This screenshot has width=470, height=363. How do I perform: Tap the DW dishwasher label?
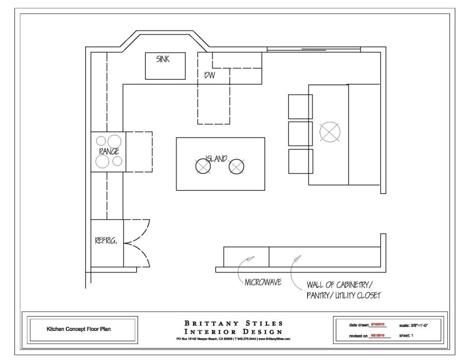pyautogui.click(x=209, y=75)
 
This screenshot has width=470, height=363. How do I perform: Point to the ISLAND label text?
pyautogui.click(x=216, y=158)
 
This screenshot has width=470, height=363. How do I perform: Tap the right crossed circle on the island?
pyautogui.click(x=236, y=166)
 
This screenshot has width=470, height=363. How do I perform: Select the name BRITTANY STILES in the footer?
pyautogui.click(x=233, y=323)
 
